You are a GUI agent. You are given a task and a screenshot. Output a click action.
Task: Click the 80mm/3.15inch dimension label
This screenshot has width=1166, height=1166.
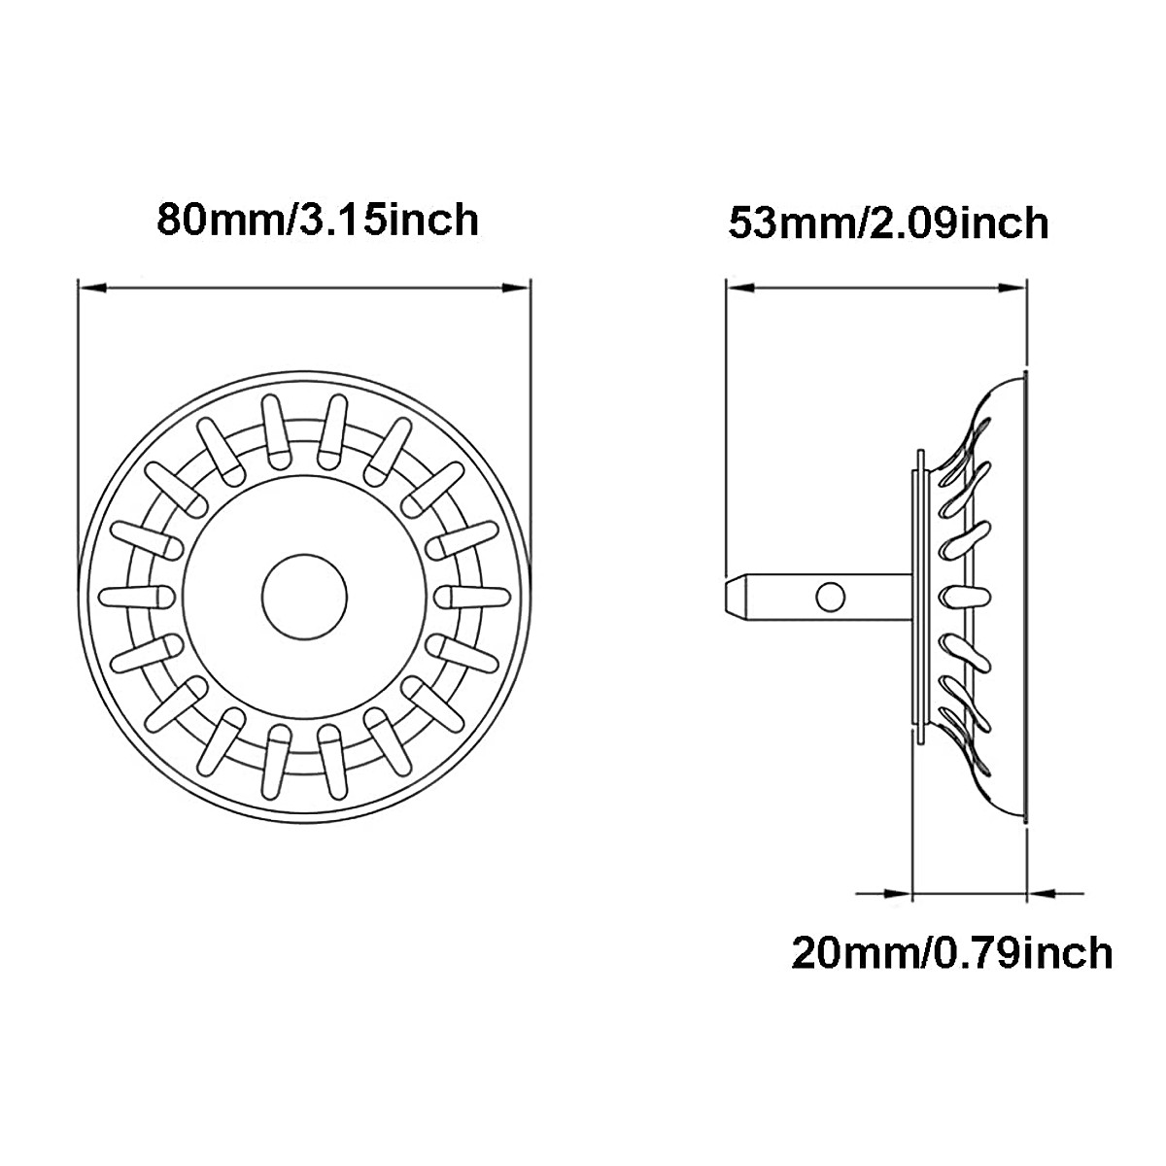318,220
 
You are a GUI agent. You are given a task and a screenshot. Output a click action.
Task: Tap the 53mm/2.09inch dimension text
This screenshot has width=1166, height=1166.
888,223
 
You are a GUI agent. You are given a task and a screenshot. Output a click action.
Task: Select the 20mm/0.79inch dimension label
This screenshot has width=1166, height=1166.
951,952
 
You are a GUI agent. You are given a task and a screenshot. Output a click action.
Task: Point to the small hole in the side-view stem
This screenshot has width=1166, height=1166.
829,596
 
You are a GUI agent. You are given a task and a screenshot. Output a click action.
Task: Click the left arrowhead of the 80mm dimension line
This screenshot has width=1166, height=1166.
90,288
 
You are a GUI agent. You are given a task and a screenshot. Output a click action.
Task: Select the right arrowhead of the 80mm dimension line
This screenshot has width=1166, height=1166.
518,288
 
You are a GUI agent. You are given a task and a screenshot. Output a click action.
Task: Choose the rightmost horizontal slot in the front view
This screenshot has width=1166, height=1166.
473,594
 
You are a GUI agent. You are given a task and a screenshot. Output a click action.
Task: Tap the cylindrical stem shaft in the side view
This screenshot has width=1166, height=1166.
855,595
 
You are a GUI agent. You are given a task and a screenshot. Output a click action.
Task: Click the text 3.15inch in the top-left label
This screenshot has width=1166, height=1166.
389,220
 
